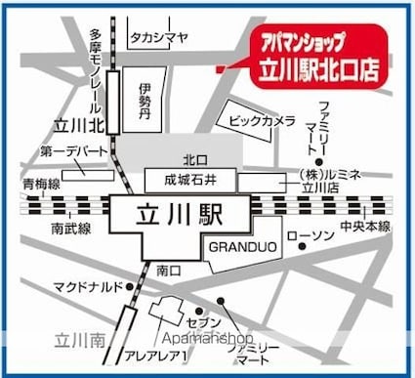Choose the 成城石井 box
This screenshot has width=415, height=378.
point(192,179)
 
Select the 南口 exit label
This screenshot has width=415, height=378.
point(168,268)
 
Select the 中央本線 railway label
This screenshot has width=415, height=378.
point(365,227)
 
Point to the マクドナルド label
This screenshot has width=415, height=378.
point(87,286)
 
